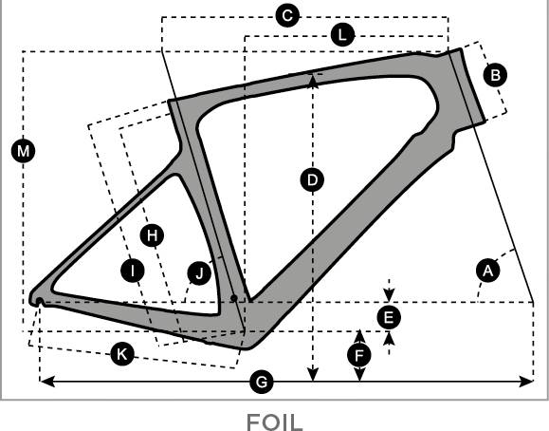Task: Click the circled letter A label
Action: tap(488, 271)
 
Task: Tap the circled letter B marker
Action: tap(495, 75)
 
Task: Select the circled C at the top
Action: tap(287, 15)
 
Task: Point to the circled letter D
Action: tap(312, 180)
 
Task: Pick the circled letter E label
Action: tap(389, 318)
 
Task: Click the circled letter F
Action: tap(359, 356)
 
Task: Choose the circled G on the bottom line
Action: tap(262, 382)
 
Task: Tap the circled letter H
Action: tap(152, 235)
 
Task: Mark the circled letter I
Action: tap(133, 271)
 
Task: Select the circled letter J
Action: tap(199, 273)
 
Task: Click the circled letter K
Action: tap(122, 354)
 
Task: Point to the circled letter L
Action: tap(342, 35)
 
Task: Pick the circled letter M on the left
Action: tap(23, 152)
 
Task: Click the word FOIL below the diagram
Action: tap(275, 422)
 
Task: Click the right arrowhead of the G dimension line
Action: tap(526, 382)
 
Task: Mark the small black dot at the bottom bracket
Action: tap(234, 298)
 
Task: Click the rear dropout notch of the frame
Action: tap(40, 301)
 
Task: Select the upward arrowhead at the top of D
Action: tap(313, 79)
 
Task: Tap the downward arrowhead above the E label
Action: tap(389, 294)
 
